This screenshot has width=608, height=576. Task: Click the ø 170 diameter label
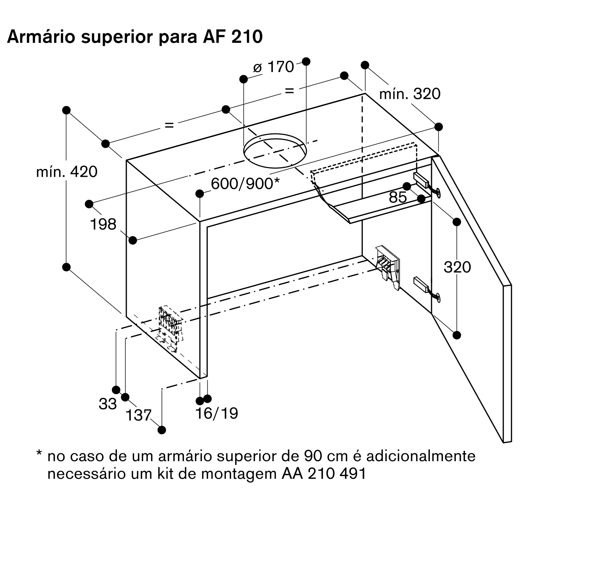[x=273, y=67]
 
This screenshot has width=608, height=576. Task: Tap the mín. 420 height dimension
[x=67, y=172]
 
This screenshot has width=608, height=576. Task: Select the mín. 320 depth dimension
[x=409, y=94]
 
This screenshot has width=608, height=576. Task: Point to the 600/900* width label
[x=245, y=184]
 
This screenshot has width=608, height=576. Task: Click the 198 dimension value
[x=103, y=225]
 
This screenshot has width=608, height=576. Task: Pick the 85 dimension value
[x=398, y=197]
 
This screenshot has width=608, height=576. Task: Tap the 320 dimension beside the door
[x=457, y=267]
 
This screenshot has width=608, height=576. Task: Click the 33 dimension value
[x=108, y=404]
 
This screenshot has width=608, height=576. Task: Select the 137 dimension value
[x=139, y=415]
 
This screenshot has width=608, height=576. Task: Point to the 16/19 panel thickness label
[x=216, y=413]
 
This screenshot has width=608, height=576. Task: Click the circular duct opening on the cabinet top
[x=275, y=151]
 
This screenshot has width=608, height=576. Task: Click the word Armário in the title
[x=41, y=37]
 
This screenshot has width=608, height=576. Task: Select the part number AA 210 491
[x=324, y=473]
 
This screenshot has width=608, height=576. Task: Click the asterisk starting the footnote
[x=39, y=453]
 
